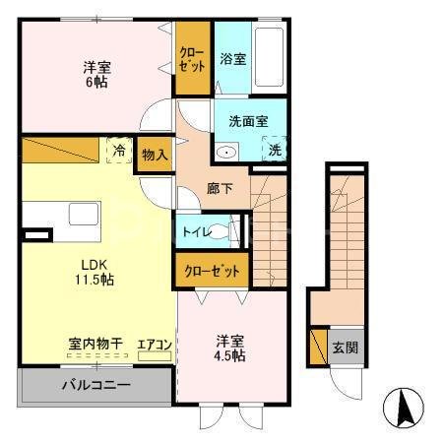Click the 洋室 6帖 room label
click(95, 75)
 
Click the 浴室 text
click(233, 59)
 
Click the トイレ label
click(192, 232)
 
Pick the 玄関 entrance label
click(345, 347)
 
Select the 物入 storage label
click(154, 155)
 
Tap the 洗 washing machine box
click(275, 151)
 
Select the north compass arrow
click(404, 406)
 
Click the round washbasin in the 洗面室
click(226, 153)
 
